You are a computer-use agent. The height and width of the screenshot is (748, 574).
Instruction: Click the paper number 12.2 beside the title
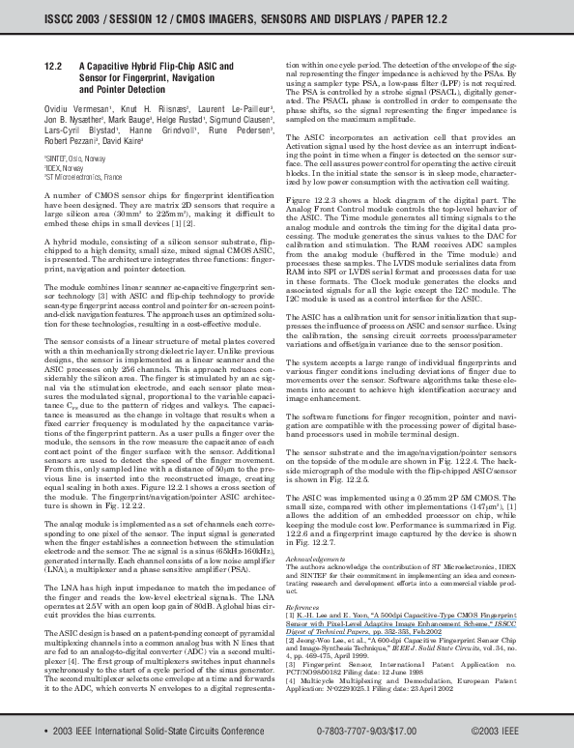point(55,65)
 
